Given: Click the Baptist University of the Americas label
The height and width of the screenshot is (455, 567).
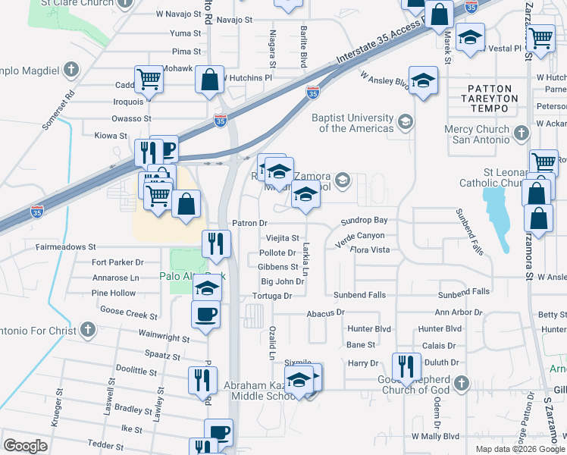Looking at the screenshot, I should coord(353,123).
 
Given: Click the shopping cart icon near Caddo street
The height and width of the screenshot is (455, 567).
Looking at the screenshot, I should coord(149,79).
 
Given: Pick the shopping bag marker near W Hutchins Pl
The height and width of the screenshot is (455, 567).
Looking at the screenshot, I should coord(209,79).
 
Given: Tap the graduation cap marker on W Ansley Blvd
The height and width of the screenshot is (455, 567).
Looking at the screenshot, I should coord(422,80).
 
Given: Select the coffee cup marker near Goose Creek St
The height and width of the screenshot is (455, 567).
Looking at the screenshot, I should coord(206,314).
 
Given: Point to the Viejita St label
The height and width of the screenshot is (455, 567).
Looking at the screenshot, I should coord(282,237).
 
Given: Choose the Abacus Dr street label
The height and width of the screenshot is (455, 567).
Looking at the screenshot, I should coord(326,312).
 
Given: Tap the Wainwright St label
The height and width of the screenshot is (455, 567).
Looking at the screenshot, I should coord(164,335).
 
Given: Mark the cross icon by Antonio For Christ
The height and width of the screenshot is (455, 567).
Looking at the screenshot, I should coord(88,330).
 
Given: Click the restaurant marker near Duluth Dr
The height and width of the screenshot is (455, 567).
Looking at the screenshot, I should coord(406,367).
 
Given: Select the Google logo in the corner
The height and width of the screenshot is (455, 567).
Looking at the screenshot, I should coord(25,446).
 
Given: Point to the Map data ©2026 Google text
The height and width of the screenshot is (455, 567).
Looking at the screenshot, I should coord(519,449).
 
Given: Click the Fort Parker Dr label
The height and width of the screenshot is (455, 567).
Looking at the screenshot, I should coord(117,262).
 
